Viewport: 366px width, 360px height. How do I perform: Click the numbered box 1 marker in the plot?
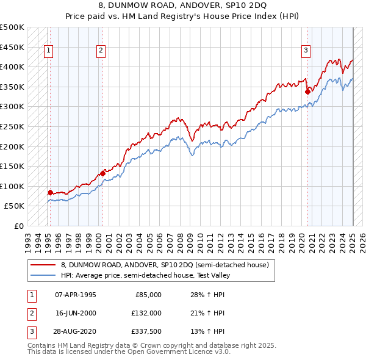[x=48, y=51]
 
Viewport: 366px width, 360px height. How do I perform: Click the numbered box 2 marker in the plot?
[x=101, y=51]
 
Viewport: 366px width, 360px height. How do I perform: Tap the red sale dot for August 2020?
[x=307, y=92]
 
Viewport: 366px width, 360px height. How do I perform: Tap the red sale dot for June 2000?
[x=103, y=173]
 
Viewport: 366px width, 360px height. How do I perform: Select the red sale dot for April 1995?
[x=50, y=192]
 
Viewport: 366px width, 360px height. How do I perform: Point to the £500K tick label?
[x=12, y=27]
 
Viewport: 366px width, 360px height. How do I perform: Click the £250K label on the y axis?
[x=12, y=126]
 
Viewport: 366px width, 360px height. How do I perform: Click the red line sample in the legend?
[x=43, y=265]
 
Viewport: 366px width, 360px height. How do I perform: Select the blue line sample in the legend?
[x=43, y=275]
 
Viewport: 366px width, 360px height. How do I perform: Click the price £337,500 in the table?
[x=146, y=331]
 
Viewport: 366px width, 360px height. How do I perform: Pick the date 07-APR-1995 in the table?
[x=76, y=295]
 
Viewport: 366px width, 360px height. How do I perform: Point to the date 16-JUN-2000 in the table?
[x=76, y=313]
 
